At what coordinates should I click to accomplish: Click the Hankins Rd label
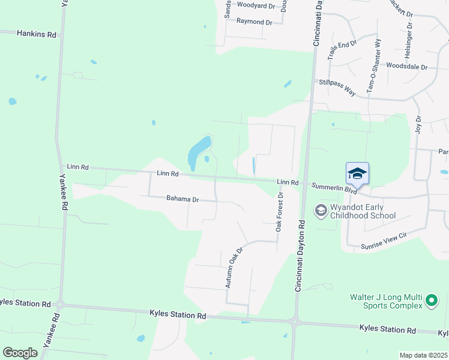coord(37,35)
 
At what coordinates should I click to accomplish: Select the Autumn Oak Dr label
coord(234,267)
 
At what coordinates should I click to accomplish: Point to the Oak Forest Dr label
coord(279,213)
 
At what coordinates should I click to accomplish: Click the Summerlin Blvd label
coord(333,188)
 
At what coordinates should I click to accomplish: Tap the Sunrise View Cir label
coord(384,241)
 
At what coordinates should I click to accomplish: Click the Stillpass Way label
coord(337,87)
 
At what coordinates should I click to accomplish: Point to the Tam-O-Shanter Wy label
coord(374,66)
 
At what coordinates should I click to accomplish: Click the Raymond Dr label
coord(255,22)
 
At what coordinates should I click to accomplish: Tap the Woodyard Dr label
coord(256,5)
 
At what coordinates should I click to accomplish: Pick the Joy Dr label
coord(418,125)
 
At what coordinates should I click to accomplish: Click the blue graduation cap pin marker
coord(357,173)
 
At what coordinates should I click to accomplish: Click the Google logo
coord(20,353)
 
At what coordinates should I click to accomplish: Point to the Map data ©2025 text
coord(423,355)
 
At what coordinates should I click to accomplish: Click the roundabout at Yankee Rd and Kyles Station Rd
coord(59,304)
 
